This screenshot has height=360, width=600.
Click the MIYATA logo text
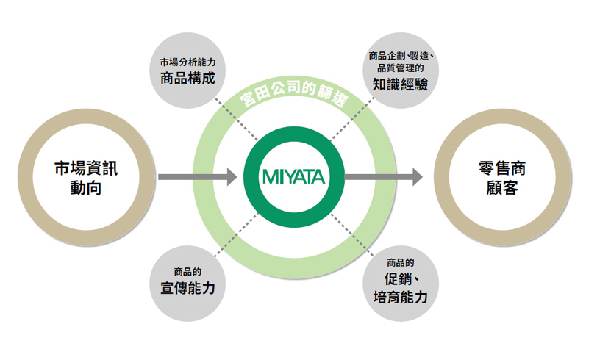coord(293,177)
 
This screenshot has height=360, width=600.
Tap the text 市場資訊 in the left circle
coord(86,168)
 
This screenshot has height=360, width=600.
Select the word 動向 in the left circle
coord(86,187)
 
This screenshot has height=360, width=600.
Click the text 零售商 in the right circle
coord(502,168)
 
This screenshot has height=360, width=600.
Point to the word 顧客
coord(502,187)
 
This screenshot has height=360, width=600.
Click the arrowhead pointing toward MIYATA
coord(232,177)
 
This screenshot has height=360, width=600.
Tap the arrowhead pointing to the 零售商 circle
coord(418,177)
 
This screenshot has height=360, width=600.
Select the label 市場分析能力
coord(188,62)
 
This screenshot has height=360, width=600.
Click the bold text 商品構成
coord(187,78)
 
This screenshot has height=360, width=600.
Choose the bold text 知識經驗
coord(400,84)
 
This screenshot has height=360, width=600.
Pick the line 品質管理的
coord(400,68)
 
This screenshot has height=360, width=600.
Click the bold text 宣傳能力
coord(187,288)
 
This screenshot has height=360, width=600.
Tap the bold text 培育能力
coord(400,297)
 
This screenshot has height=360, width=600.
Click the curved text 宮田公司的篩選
coord(294,93)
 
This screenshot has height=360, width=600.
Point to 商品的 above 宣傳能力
coord(187,272)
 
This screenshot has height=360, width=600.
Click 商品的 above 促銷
coord(400,263)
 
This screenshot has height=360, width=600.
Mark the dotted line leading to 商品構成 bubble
coord(236,119)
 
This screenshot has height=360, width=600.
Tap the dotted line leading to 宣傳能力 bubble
coord(236,234)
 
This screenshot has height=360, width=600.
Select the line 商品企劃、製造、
coord(401,56)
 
